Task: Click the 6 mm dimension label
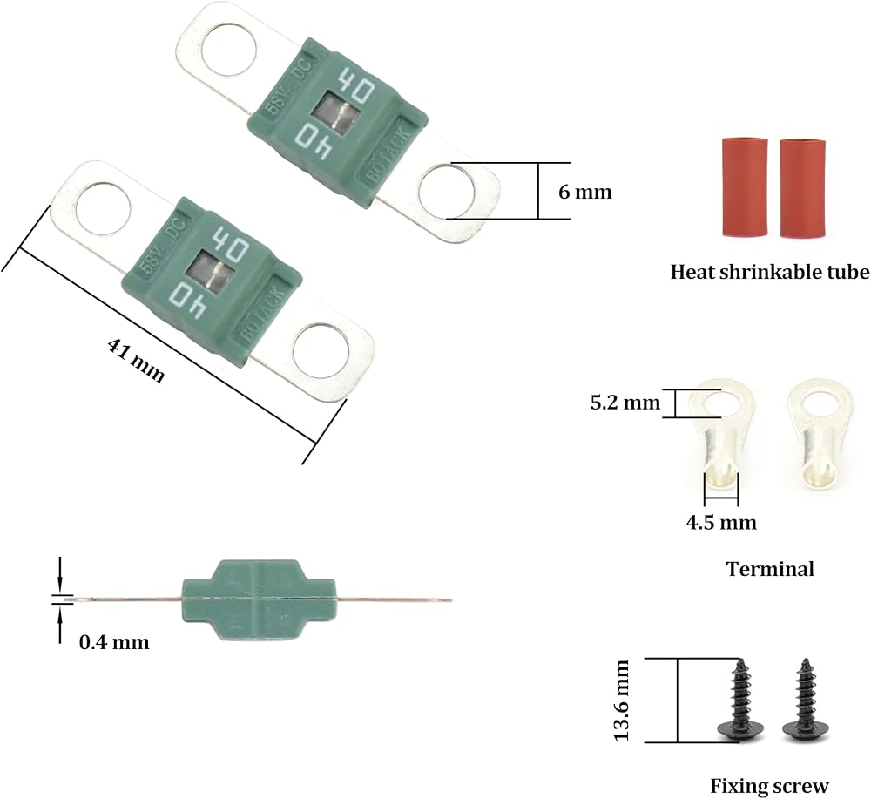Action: (x=584, y=192)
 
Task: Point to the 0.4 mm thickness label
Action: (x=114, y=642)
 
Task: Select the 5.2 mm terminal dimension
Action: (x=625, y=403)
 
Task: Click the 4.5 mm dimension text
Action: (x=721, y=523)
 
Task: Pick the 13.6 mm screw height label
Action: (x=621, y=700)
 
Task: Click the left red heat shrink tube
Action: (x=745, y=187)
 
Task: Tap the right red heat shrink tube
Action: (x=803, y=188)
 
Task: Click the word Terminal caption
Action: (x=770, y=569)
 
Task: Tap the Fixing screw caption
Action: (x=769, y=786)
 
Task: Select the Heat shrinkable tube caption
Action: (x=770, y=272)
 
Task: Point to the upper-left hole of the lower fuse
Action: (x=103, y=208)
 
